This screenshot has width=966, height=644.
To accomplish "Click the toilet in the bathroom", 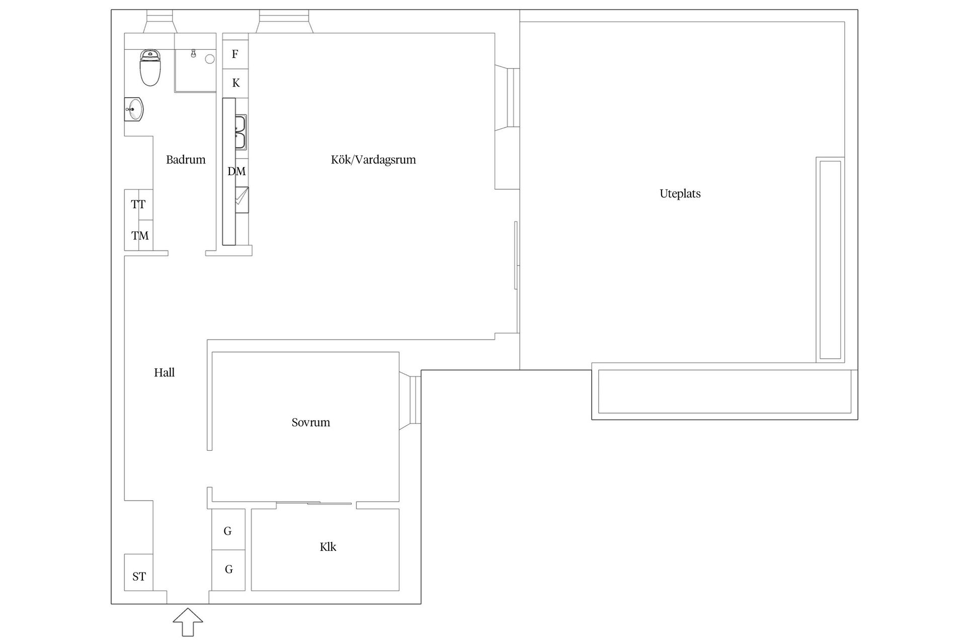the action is (150, 67).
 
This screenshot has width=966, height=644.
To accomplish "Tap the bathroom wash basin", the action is (134, 109).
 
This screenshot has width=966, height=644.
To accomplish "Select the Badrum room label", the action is (186, 160).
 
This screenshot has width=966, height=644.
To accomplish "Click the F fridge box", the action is (235, 54).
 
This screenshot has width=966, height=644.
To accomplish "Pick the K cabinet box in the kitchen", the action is (235, 83).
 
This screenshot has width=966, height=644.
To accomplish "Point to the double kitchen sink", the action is (240, 132).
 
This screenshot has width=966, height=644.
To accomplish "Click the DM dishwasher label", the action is (236, 172).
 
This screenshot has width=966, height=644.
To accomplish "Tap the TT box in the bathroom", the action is (139, 205).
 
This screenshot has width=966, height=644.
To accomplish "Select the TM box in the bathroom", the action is (139, 235).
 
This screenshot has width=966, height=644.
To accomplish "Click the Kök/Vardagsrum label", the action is (373, 160).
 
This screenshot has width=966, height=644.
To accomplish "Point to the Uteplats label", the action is (680, 194).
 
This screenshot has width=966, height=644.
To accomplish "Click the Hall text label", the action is (165, 373).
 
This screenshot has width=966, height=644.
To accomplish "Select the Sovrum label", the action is (311, 423).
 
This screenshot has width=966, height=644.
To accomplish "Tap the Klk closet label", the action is (328, 547).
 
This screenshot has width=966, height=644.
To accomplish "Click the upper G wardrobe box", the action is (228, 529).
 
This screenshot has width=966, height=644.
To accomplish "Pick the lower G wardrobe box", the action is (228, 570).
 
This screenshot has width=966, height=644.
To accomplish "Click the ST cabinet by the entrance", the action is (139, 573).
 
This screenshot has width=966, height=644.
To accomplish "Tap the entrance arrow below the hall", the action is (188, 622).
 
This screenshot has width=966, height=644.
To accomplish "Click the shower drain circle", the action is (210, 59).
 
